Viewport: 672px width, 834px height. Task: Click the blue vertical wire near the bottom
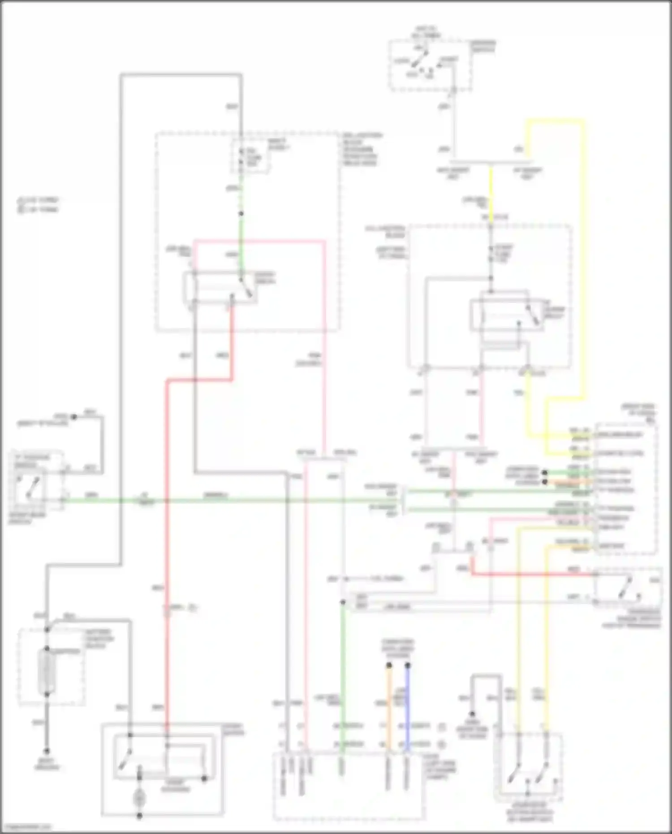tap(408, 708)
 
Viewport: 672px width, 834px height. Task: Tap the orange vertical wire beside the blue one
tap(389, 708)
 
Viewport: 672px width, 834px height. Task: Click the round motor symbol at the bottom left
tap(139, 797)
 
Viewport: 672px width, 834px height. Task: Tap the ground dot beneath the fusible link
tap(47, 751)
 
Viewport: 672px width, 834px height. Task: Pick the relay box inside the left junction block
tap(220, 287)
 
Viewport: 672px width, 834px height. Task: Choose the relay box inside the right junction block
tap(506, 315)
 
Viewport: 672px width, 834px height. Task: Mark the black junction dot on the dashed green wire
tap(241, 214)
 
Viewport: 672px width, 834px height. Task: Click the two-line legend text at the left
tap(38, 205)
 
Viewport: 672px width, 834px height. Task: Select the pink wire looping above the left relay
tap(260, 242)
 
